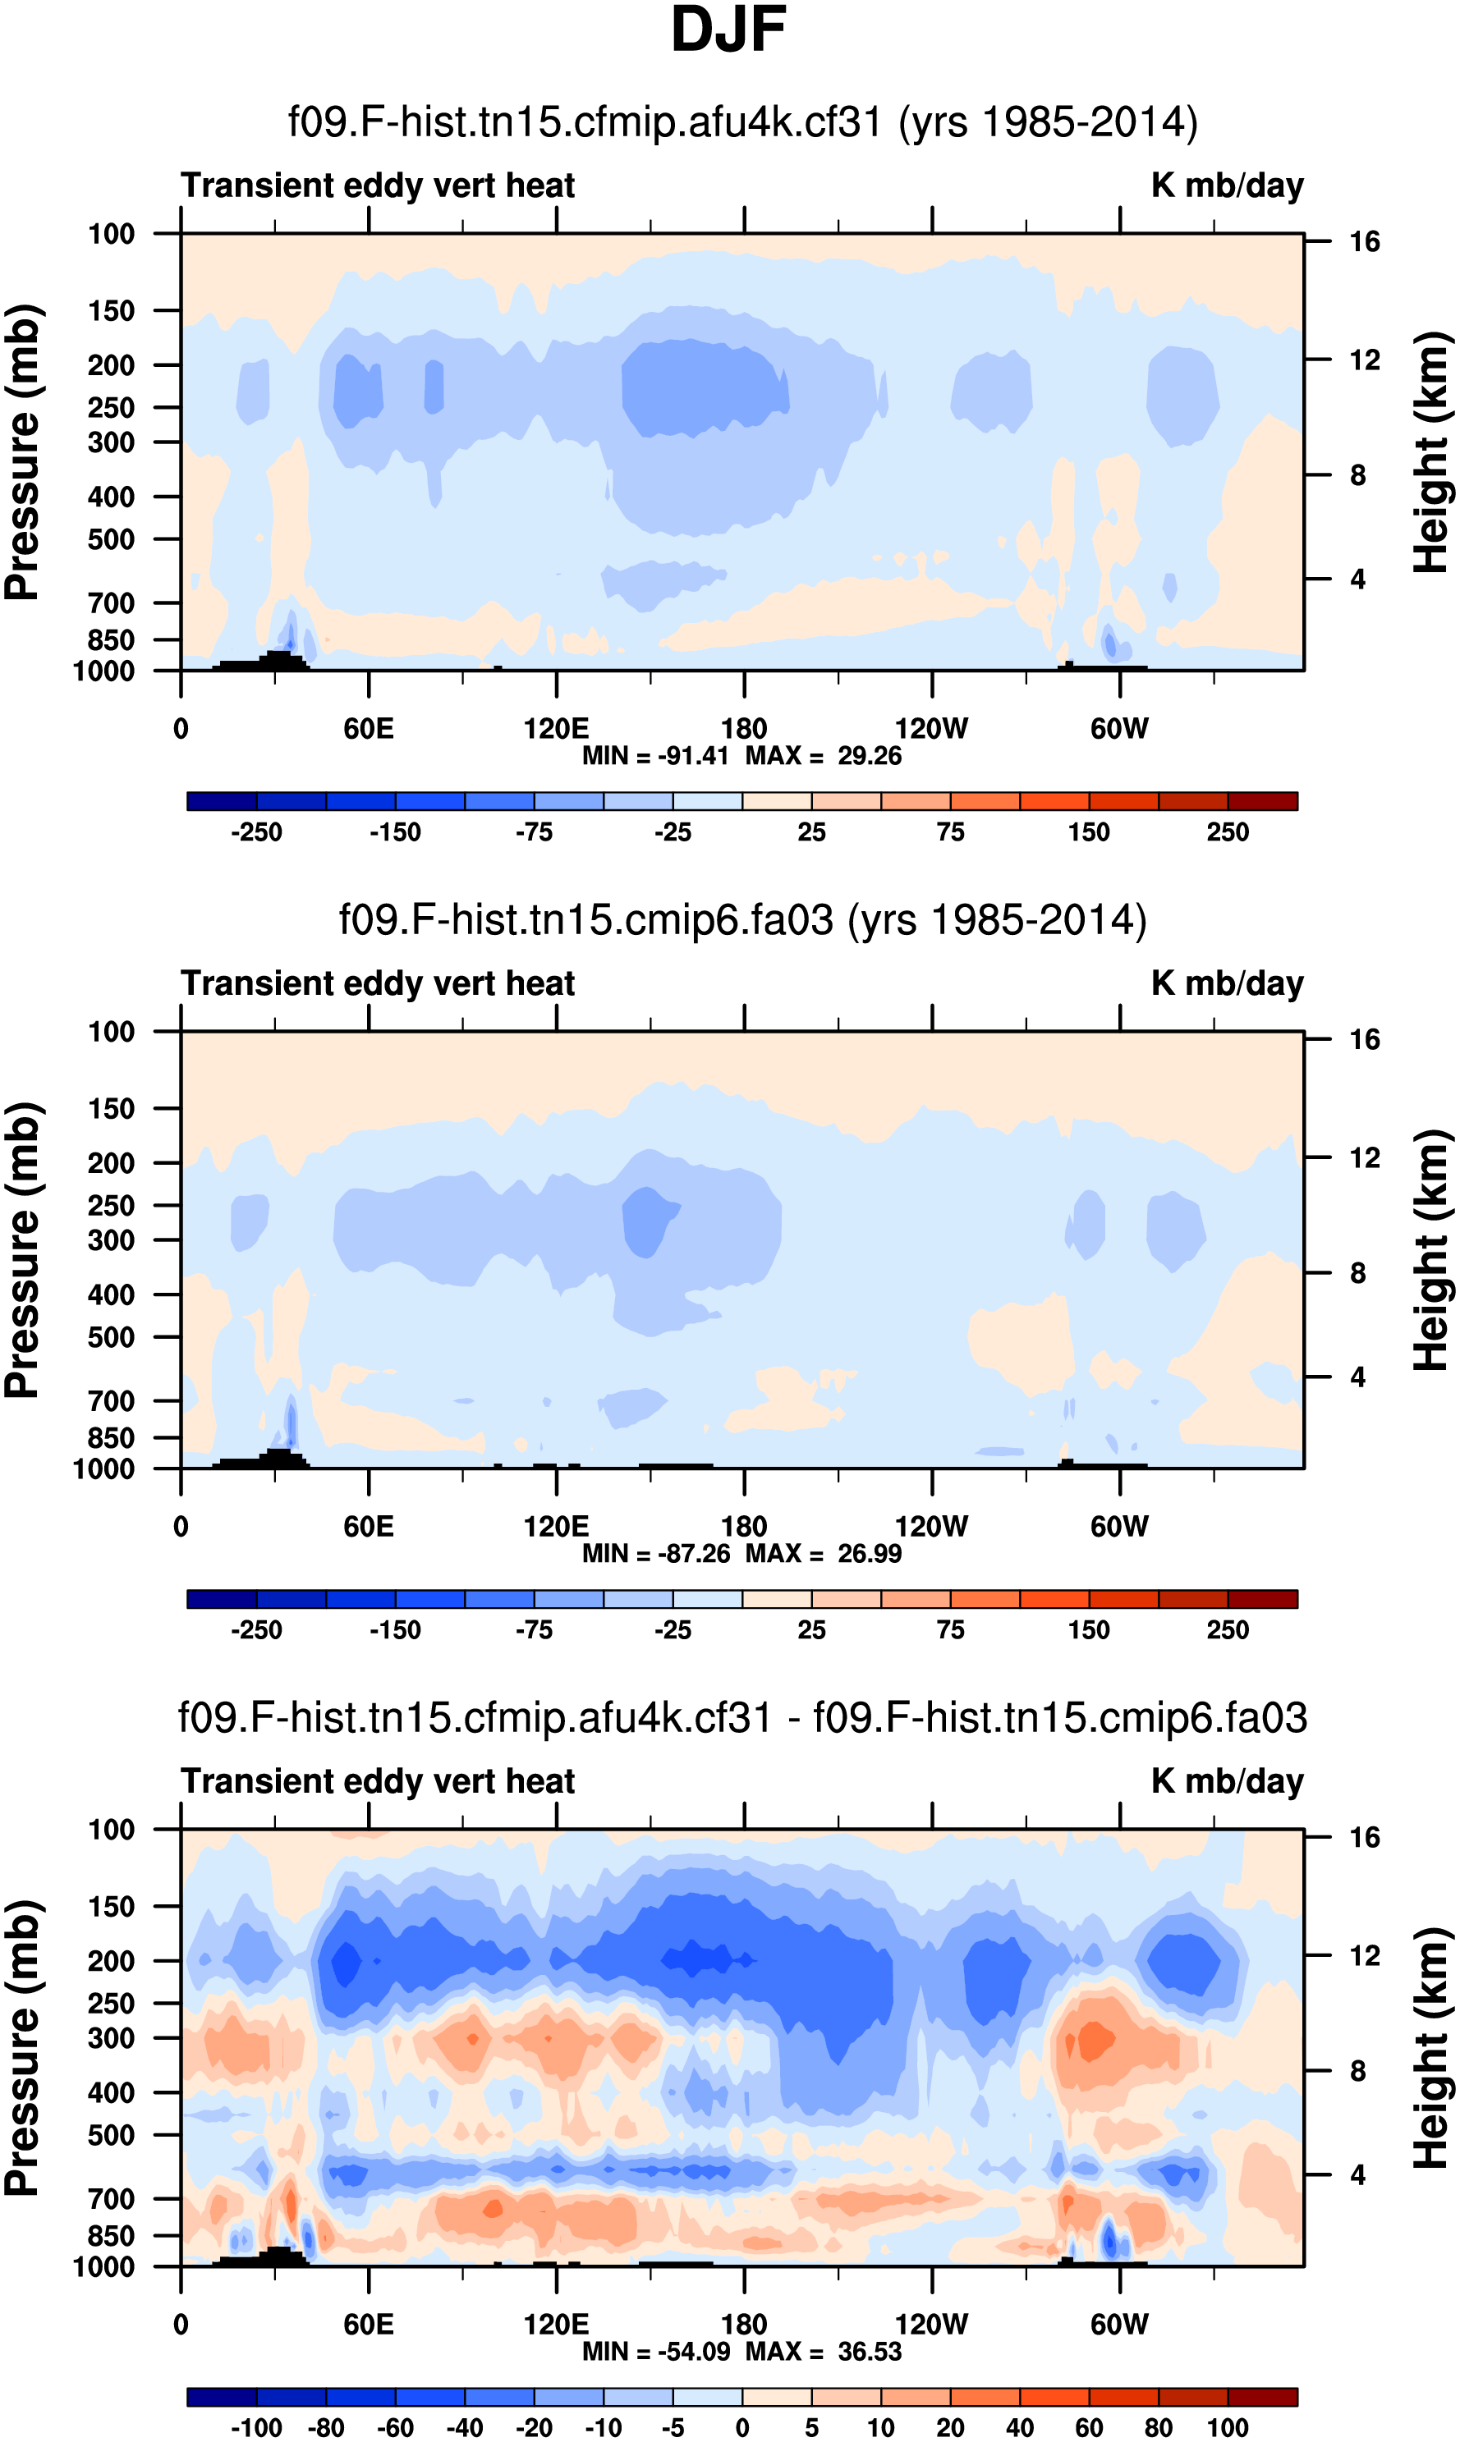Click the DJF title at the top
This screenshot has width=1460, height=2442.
pos(728,30)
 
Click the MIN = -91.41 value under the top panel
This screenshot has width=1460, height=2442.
pos(655,756)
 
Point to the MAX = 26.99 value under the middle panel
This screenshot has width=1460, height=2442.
pos(824,1554)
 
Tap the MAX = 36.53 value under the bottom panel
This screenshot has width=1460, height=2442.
pos(824,2352)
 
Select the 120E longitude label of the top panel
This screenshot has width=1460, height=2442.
pos(556,729)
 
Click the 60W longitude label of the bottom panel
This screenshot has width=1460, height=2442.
pos(1118,2325)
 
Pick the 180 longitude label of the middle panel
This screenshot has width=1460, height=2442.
pos(744,1528)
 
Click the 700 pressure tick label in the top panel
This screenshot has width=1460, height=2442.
pos(111,602)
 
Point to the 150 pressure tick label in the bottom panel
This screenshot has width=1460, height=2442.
pos(111,1907)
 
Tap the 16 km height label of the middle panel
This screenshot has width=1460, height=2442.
pos(1364,1039)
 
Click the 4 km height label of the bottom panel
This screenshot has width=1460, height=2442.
pos(1357,2174)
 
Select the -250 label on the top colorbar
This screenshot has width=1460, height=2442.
pos(256,833)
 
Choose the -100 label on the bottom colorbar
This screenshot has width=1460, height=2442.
pos(256,2428)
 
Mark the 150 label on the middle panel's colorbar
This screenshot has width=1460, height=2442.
pos(1088,1631)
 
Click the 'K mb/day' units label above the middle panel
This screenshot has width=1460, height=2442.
pos(1227,983)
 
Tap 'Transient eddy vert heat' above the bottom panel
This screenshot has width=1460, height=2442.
pos(378,1782)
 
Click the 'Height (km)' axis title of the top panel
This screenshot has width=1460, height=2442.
pos(1431,452)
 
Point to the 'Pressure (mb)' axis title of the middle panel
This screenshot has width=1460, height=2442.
pos(21,1251)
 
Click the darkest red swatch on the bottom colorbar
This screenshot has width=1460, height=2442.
pos(1262,2397)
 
